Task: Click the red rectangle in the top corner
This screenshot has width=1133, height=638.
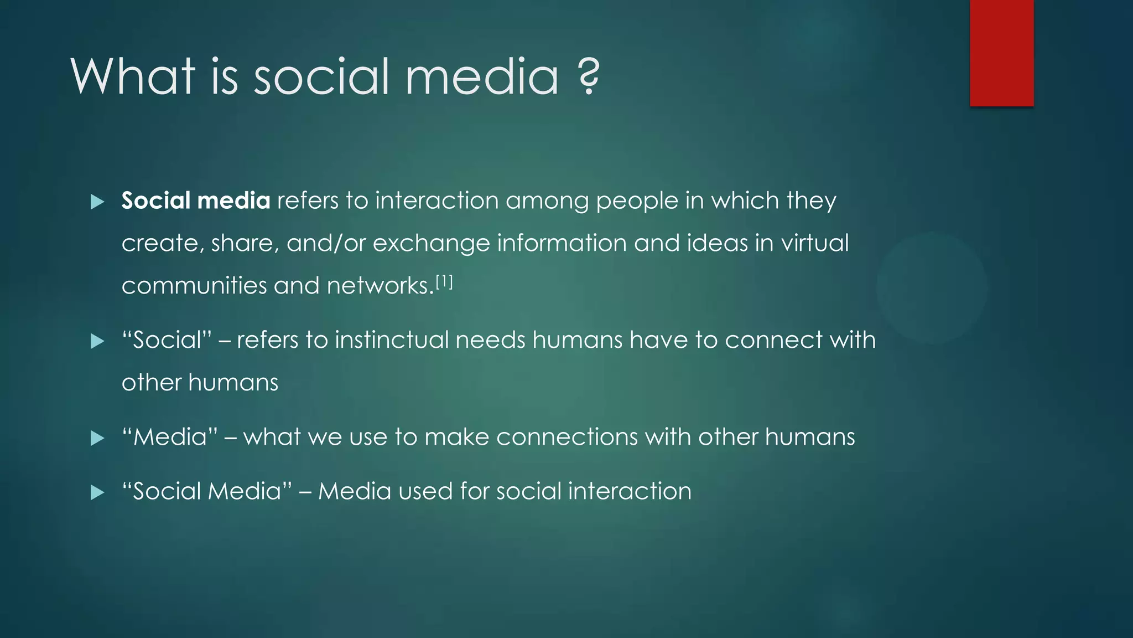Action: [x=1001, y=53]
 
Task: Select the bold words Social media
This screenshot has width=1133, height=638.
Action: [x=196, y=200]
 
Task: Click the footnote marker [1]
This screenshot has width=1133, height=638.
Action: [x=444, y=282]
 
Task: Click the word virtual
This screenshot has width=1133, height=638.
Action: [x=814, y=243]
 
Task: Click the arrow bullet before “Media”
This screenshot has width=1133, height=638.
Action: [x=97, y=438]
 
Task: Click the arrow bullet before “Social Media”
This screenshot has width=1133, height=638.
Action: [x=97, y=492]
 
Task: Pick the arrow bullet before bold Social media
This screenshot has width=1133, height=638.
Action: [x=97, y=202]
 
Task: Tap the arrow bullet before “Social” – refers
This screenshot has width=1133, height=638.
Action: [x=97, y=341]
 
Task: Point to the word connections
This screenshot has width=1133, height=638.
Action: [x=567, y=438]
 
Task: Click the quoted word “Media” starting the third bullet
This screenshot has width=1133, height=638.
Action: [x=169, y=438]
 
